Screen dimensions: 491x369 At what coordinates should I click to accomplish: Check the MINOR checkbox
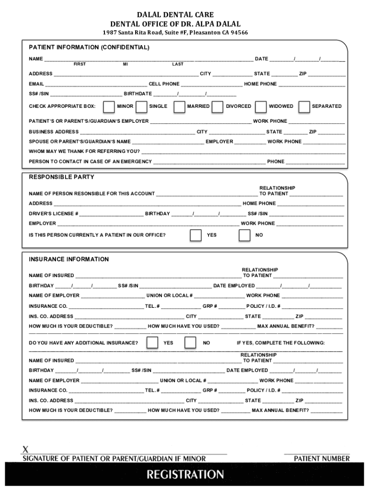pos(109,106)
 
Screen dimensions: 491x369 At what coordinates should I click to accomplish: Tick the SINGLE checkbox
pos(141,106)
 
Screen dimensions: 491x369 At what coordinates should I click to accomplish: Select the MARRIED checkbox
pos(179,106)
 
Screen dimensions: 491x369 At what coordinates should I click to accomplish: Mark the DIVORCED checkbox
pos(217,106)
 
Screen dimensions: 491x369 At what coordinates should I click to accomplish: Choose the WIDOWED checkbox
pos(261,106)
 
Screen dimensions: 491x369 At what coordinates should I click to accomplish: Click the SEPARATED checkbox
pos(304,106)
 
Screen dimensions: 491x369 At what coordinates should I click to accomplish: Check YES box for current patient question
pos(196,235)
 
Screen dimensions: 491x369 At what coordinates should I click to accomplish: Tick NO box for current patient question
pos(244,235)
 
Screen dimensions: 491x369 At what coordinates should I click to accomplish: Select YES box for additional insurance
pos(152,343)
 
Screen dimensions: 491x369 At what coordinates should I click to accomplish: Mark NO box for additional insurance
pos(190,343)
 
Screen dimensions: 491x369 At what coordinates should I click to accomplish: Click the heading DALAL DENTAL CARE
pos(175,15)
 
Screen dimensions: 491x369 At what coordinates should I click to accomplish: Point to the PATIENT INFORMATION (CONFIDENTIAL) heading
pos(89,48)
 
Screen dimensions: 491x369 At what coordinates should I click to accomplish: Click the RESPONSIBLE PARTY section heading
pos(61,177)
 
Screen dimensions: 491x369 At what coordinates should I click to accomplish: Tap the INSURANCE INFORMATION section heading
pos(69,259)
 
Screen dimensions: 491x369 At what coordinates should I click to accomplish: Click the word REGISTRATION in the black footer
pos(185,475)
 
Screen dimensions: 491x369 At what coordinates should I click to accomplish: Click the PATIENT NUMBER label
pos(322,459)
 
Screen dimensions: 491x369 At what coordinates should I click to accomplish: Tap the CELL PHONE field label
pos(164,84)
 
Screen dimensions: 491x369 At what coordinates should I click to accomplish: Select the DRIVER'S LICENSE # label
pos(54,214)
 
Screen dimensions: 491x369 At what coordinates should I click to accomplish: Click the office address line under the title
pos(175,33)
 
